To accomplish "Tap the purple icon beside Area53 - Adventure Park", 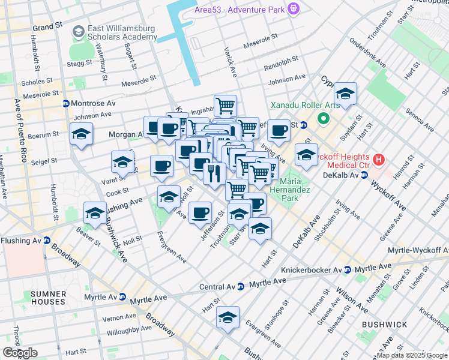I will click(x=293, y=9).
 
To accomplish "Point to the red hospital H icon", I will click(x=378, y=160).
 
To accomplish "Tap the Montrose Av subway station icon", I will click(x=65, y=103).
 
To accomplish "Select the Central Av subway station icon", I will click(x=240, y=286).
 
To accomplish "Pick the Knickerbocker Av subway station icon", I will click(x=348, y=270).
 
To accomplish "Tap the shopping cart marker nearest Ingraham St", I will click(x=225, y=105).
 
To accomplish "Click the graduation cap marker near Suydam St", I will click(x=345, y=94).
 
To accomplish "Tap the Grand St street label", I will click(x=48, y=28).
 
